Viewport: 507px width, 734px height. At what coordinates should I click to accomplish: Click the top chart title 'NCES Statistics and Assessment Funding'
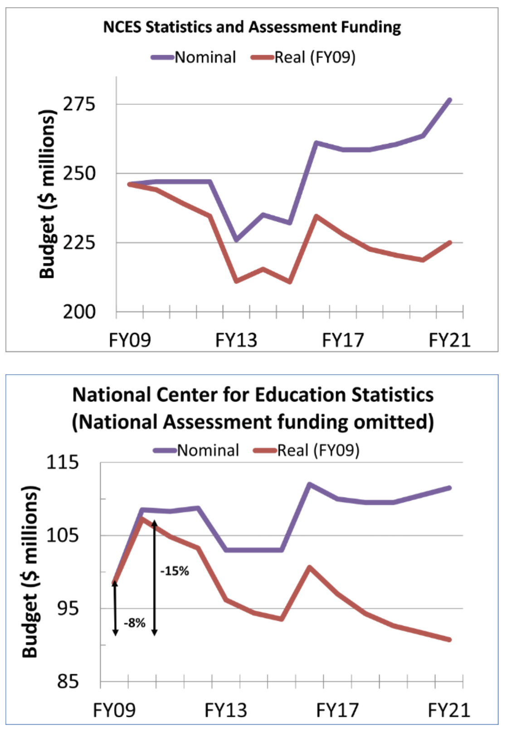point(252,27)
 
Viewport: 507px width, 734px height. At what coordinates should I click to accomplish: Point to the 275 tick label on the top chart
point(79,104)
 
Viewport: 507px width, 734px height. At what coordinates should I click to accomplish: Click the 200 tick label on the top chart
point(79,312)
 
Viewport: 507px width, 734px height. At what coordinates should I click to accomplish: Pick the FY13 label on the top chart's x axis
point(236,340)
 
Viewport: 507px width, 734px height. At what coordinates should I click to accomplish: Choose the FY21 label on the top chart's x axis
point(449,340)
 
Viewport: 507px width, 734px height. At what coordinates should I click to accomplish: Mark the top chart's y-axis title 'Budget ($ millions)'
point(47,194)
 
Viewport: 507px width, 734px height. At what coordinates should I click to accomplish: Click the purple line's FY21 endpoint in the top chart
point(449,100)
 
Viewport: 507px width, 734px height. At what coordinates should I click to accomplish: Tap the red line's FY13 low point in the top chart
point(236,281)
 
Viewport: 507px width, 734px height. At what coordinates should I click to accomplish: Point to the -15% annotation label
point(175,571)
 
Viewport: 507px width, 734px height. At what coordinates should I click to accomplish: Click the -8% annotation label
point(135,623)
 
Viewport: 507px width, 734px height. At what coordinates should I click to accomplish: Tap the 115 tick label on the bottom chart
point(63,463)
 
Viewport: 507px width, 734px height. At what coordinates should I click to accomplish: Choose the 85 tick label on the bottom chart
point(68,681)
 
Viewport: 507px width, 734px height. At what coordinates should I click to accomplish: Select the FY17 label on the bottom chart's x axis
point(337,710)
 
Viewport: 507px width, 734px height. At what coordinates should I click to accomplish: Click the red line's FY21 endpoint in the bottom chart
point(449,640)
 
